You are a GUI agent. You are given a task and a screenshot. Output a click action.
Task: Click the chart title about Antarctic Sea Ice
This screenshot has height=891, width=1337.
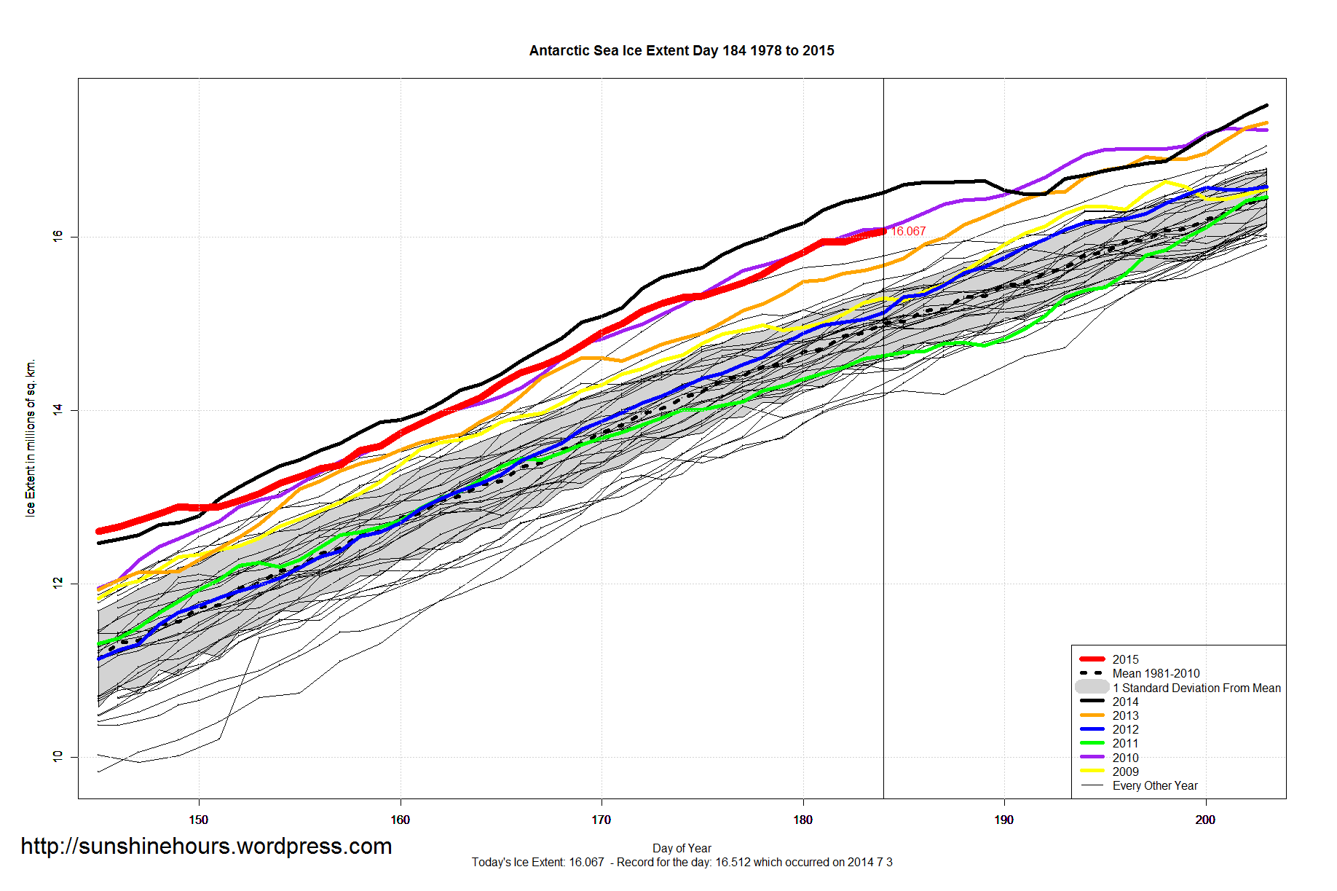(682, 50)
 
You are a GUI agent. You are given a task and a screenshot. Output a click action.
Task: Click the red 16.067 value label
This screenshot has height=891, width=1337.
(909, 231)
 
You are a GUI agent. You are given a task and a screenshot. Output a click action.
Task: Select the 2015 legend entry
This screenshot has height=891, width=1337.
(1125, 659)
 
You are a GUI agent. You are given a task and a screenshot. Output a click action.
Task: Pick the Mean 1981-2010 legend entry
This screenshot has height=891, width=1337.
(1156, 673)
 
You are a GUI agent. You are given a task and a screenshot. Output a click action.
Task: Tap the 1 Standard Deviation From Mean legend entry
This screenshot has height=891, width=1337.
(1196, 688)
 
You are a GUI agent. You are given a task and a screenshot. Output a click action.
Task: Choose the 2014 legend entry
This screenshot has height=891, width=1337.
(1125, 702)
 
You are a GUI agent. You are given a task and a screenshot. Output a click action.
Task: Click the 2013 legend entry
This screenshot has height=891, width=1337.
(1125, 715)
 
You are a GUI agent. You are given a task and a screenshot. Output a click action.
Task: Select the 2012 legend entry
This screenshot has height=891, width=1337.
(1125, 729)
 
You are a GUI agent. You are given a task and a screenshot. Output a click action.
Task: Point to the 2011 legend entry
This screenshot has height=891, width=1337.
(1125, 743)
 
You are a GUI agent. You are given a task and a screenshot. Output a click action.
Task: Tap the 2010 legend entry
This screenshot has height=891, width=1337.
(1125, 758)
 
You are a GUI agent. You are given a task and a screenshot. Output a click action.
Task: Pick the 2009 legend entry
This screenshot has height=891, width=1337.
(1125, 772)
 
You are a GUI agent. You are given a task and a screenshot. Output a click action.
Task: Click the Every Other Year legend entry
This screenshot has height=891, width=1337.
(1154, 785)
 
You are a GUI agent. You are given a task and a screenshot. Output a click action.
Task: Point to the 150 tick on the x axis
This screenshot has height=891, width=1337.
(198, 820)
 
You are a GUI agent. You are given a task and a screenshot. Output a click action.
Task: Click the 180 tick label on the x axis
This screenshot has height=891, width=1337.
(802, 820)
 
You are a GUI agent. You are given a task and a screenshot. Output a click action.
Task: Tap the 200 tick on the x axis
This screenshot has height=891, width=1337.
(1205, 820)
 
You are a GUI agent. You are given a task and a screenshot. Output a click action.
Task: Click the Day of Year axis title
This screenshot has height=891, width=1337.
(682, 848)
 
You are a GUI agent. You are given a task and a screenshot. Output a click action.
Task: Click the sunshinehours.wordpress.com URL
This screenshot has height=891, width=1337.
(206, 846)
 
